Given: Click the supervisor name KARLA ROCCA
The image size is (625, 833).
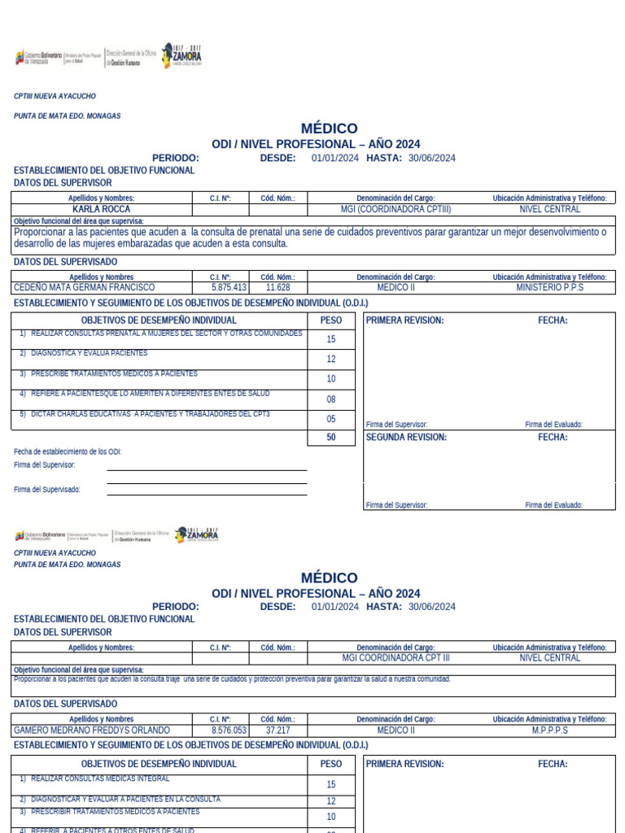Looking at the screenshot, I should [102, 209].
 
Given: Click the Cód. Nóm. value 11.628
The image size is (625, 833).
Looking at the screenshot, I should [278, 287].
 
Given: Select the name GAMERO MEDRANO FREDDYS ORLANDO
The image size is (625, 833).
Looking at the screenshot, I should [92, 731].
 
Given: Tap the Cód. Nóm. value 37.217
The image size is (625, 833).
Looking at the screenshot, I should [278, 731].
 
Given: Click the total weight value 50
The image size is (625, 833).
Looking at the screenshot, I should [331, 438].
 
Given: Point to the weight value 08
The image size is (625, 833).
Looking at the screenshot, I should [331, 399].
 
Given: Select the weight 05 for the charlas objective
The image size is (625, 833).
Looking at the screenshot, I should [331, 419].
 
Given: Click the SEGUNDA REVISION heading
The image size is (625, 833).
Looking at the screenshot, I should [406, 437].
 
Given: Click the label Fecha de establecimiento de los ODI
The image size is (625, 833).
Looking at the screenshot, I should [68, 451].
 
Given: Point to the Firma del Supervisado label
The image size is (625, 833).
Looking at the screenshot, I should [47, 490].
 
